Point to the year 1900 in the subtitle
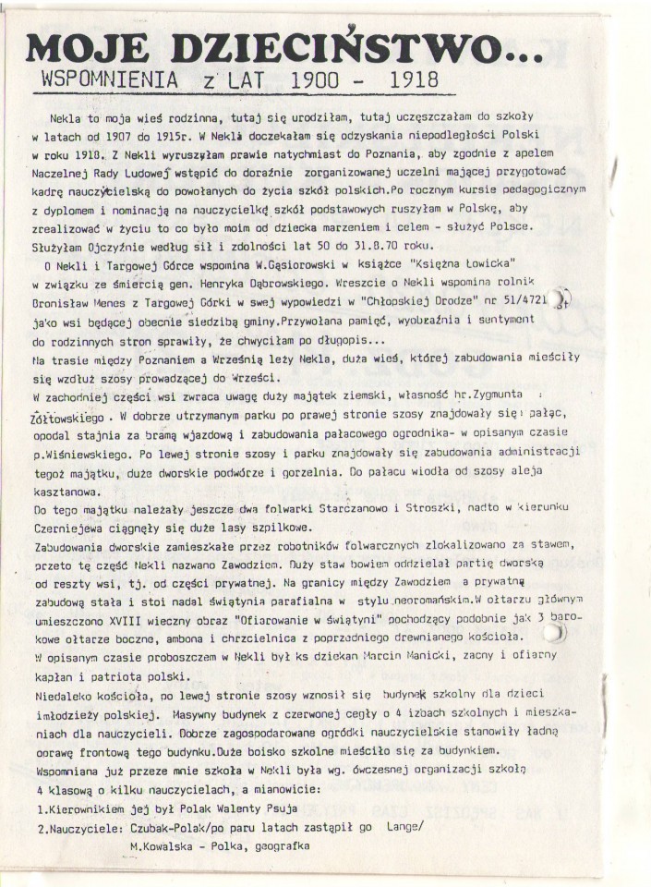pos(310,82)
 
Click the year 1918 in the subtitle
pos(414,82)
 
